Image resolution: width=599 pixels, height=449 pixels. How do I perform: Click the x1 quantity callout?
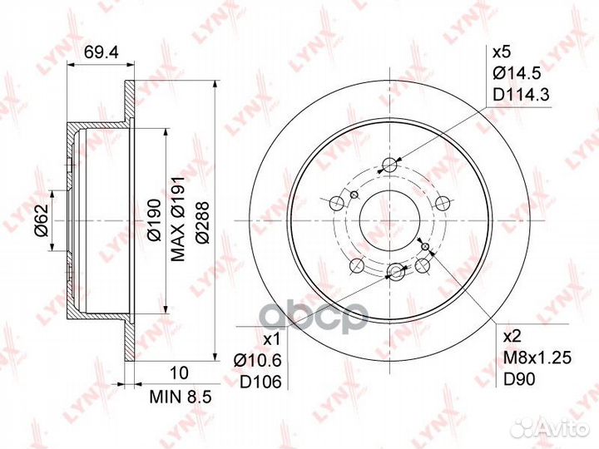pos(271,339)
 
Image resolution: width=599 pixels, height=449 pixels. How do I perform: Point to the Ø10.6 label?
pos(260,360)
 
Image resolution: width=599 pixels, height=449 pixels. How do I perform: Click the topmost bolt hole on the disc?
pos(390,164)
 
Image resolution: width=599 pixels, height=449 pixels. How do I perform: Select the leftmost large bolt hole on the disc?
pos(337,202)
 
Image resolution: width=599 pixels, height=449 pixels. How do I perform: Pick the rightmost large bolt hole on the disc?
pos(443,202)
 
